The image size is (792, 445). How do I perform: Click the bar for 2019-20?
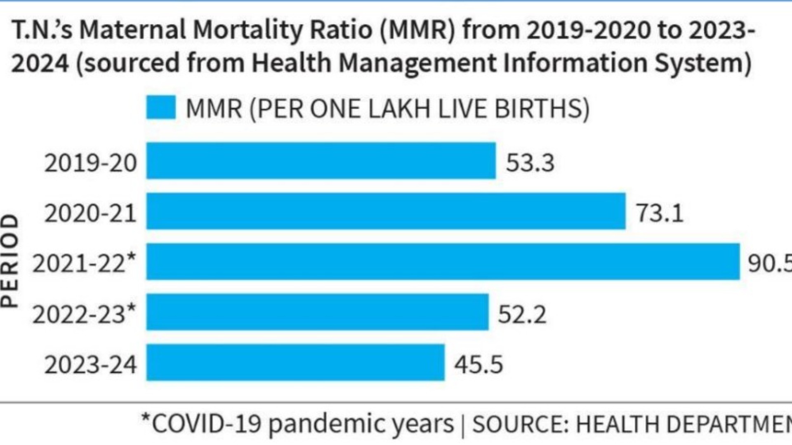321,161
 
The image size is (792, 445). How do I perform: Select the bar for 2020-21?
386,211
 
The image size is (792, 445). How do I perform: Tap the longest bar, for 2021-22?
443,262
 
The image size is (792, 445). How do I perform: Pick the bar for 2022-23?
317,312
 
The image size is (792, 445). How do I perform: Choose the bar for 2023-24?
295,363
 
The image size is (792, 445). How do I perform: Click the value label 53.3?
530,162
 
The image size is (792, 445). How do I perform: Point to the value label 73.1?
660,213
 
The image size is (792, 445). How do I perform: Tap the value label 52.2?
522,314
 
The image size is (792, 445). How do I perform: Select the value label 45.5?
478,365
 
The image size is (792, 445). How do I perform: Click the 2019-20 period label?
90,163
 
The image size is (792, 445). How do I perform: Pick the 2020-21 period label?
90,213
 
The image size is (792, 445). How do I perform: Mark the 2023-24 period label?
90,365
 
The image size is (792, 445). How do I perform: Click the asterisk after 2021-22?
131,257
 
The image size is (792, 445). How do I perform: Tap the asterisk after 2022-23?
131,307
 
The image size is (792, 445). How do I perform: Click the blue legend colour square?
161,108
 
